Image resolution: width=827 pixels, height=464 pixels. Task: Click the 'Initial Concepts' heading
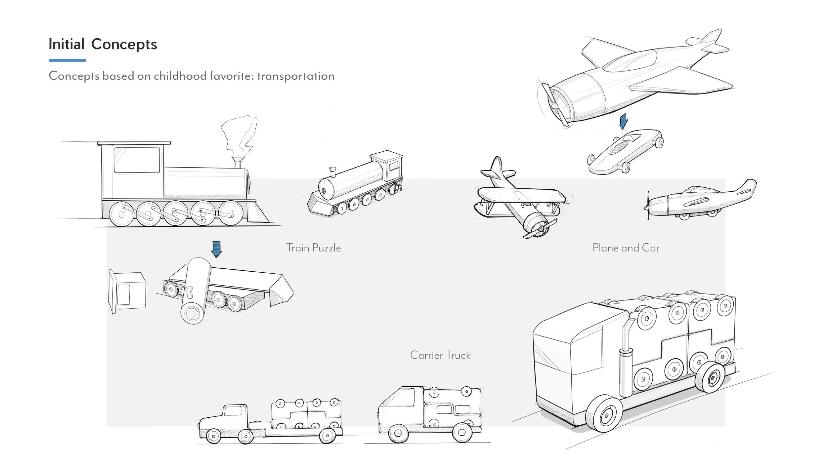[103, 44]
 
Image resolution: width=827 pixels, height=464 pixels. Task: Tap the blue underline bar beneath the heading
[67, 60]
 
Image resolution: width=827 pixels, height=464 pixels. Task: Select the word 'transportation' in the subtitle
[295, 76]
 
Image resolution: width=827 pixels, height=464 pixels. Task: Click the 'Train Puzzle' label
[313, 248]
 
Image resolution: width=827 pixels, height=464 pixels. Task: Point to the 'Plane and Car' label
[626, 248]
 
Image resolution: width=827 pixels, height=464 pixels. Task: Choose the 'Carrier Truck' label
[440, 355]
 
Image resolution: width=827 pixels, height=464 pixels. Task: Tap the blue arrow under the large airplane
[623, 121]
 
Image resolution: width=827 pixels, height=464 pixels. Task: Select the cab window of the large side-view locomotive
[137, 160]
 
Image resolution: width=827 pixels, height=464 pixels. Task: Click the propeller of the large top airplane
[554, 105]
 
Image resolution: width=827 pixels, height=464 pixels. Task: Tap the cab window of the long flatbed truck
[233, 411]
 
